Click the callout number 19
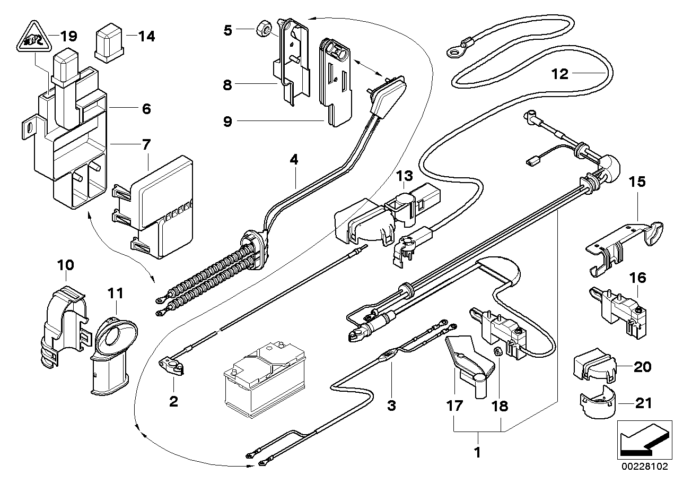[69, 36]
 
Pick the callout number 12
[559, 74]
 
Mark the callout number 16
[638, 278]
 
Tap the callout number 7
[146, 143]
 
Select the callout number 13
[405, 176]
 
